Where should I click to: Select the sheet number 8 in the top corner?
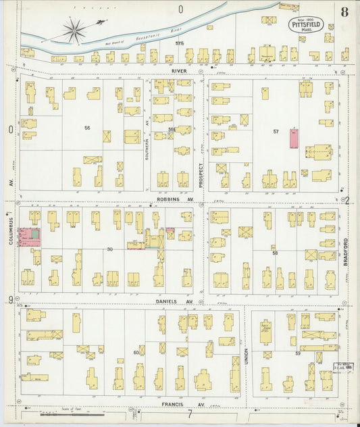click(x=344, y=11)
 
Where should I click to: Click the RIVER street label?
click(x=180, y=70)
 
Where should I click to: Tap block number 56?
click(x=87, y=127)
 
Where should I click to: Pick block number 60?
click(x=136, y=352)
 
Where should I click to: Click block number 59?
click(x=298, y=353)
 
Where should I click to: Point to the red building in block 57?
click(x=294, y=139)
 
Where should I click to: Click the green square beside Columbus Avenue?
click(x=34, y=233)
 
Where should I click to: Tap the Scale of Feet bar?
click(x=68, y=411)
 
